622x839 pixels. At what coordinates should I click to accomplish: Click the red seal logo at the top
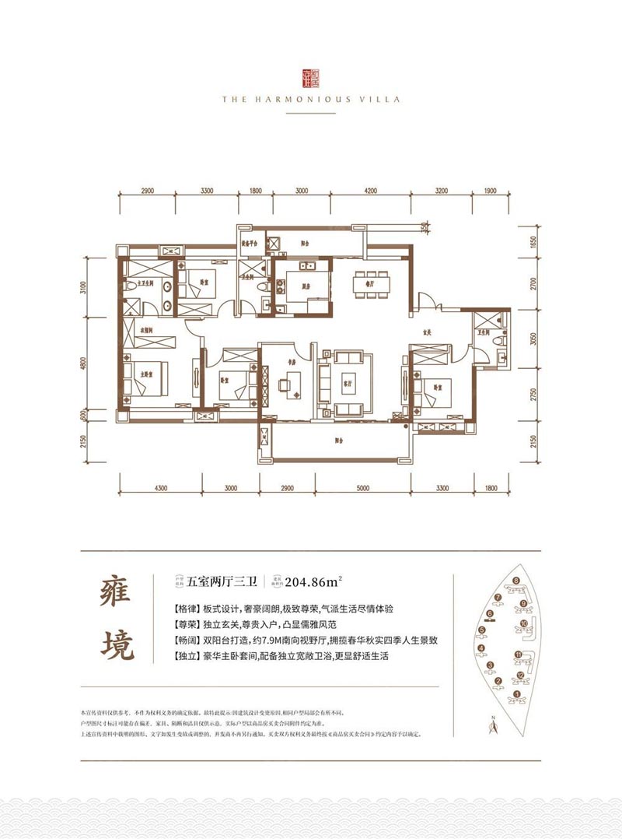tap(310, 75)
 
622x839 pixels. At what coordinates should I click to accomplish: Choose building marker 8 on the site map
tap(515, 581)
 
